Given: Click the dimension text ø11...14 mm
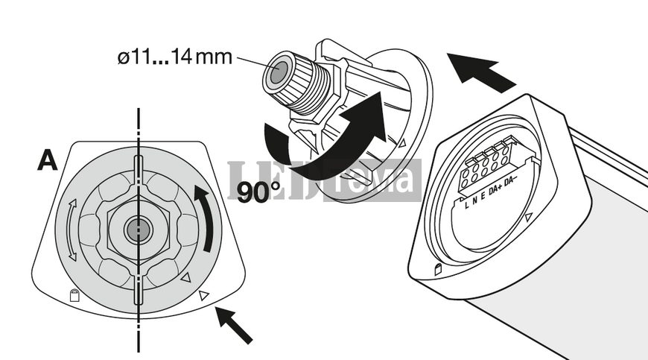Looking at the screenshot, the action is pos(175,57).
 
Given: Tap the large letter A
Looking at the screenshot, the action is pos(48,160).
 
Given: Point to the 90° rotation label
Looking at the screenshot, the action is pos(258,192).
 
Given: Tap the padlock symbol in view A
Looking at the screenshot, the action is pos(74,294).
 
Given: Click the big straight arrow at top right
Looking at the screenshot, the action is pos(481,72).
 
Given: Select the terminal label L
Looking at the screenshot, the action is pos(466,204).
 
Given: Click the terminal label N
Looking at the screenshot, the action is pos(475,202).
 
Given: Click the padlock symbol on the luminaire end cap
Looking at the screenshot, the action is pos(438,270).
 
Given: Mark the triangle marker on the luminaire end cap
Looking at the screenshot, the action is pos(529,218).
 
